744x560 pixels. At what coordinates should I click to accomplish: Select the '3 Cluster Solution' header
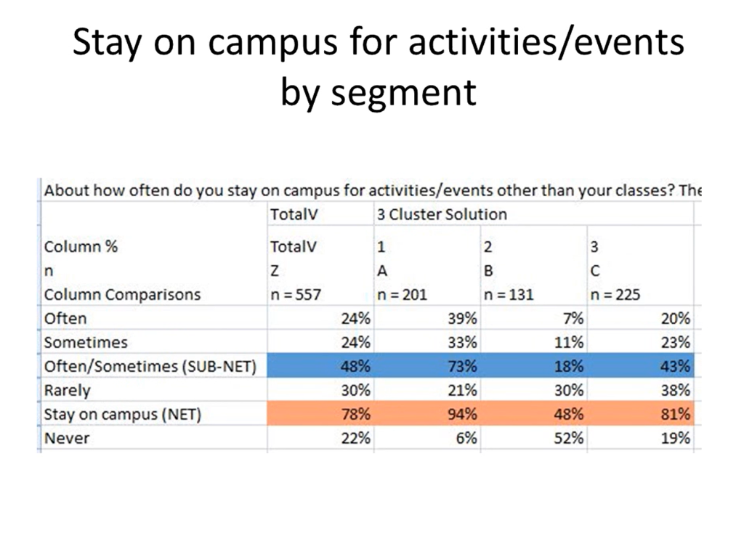(441, 215)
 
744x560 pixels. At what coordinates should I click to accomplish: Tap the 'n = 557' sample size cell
(292, 295)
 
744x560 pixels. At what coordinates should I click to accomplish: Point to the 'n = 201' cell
(402, 295)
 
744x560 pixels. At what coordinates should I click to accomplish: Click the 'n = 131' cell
(509, 295)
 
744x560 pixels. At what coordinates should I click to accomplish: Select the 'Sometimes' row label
(85, 342)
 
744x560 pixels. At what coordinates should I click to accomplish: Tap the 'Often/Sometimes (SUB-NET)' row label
(150, 367)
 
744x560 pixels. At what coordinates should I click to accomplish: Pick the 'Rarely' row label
(67, 390)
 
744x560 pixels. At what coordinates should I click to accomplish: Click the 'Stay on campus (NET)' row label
(122, 415)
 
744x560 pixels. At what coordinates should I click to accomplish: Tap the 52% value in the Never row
(569, 438)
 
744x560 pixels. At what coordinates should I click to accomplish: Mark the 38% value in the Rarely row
(676, 390)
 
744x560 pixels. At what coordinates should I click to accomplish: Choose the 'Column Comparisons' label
(122, 295)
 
